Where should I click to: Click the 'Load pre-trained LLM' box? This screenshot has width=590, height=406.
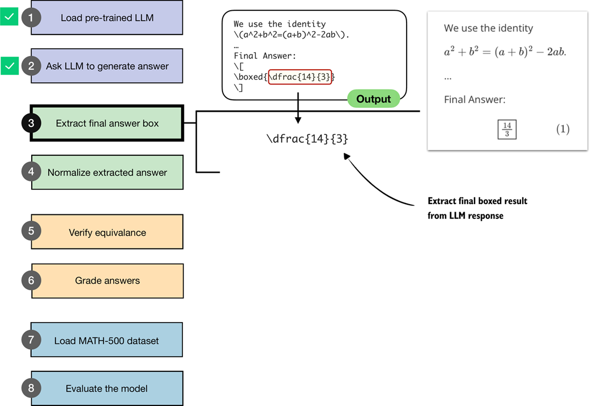(107, 18)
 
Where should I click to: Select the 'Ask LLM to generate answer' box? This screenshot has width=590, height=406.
(107, 66)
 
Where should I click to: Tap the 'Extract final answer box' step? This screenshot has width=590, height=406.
(107, 123)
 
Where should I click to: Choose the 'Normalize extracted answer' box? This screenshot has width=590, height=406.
(107, 172)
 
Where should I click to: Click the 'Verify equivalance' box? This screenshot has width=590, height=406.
(107, 232)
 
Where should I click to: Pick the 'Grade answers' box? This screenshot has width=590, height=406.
(107, 280)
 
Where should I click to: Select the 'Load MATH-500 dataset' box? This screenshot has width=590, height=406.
(107, 340)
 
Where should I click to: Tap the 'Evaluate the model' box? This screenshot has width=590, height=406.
(107, 388)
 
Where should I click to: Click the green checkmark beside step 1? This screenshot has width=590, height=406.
(9, 18)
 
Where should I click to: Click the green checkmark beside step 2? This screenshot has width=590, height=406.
(9, 66)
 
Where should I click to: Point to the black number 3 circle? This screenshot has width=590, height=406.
(31, 123)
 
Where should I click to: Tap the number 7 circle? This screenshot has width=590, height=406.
(31, 340)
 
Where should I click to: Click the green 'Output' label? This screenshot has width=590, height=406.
(373, 99)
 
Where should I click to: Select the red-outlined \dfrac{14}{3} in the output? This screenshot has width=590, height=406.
(300, 77)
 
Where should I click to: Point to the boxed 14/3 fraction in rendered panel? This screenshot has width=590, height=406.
(506, 129)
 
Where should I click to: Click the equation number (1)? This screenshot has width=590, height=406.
(562, 129)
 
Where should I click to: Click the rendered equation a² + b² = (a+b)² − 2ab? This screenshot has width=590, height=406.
(505, 52)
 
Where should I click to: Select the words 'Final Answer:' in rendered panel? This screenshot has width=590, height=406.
(474, 100)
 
